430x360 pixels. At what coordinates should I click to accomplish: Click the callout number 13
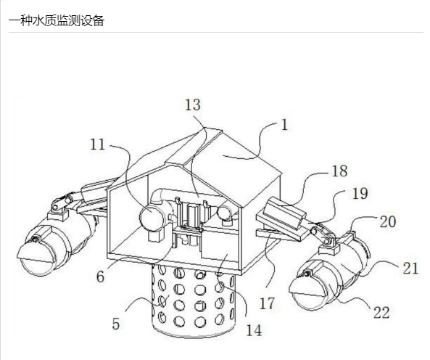click(193, 105)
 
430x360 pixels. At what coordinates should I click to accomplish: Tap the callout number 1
click(285, 125)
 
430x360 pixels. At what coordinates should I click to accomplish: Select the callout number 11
click(98, 144)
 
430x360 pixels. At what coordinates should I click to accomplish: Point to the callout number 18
click(339, 171)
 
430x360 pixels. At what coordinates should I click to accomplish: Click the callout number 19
click(360, 194)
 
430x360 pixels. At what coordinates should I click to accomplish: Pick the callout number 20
click(388, 221)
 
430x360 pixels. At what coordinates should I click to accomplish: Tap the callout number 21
click(410, 269)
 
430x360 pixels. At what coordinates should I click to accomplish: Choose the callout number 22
click(381, 313)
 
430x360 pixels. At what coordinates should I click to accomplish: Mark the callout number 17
click(267, 303)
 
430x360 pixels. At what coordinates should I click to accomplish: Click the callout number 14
click(254, 330)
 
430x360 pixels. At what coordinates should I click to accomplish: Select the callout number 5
click(116, 324)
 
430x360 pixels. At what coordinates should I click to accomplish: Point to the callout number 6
click(100, 277)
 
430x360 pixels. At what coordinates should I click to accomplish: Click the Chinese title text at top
click(57, 21)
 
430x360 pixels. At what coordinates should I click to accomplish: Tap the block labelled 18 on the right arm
click(285, 213)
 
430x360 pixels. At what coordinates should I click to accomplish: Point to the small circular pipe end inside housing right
click(225, 213)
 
